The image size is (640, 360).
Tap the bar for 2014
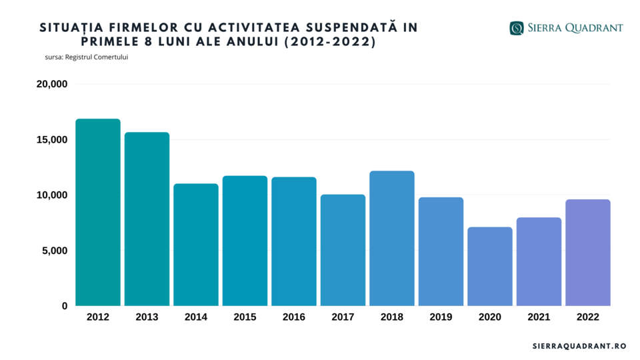(x=196, y=245)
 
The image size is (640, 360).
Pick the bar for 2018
(x=392, y=238)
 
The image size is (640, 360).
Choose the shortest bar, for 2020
(x=490, y=266)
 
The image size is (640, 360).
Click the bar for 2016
(x=294, y=241)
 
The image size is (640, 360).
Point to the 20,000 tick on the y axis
(x=52, y=85)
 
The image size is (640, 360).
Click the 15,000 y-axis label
(x=52, y=140)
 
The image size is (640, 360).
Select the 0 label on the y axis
(x=65, y=306)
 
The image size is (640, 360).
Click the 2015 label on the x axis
(x=245, y=317)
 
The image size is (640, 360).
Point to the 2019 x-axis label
(x=441, y=317)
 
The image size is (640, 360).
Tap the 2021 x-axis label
(x=539, y=317)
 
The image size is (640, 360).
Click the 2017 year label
(x=343, y=317)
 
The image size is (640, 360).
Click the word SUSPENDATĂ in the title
(x=355, y=27)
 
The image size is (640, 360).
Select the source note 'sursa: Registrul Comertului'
(x=87, y=57)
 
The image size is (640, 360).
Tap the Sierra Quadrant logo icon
(x=516, y=28)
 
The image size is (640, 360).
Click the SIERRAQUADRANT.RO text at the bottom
(x=579, y=347)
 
